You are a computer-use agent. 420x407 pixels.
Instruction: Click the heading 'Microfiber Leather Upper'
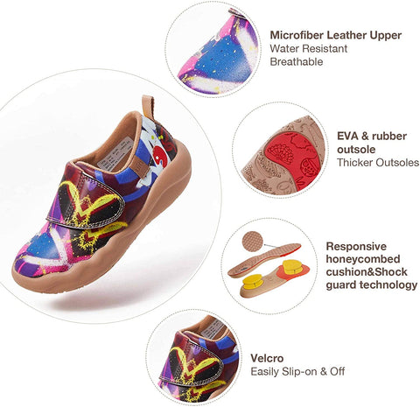click(x=336, y=35)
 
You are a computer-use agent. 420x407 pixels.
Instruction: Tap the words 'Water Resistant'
click(x=309, y=48)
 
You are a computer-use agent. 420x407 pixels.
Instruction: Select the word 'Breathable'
click(x=297, y=61)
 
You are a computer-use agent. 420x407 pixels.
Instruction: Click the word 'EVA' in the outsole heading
click(x=348, y=136)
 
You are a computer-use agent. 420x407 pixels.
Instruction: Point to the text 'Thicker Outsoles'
click(x=378, y=163)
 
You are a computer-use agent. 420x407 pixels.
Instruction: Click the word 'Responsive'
click(x=356, y=247)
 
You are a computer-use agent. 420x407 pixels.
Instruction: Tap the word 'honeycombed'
click(x=363, y=259)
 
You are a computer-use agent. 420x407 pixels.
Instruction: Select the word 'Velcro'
click(x=267, y=358)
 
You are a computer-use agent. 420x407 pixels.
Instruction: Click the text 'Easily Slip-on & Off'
click(x=297, y=372)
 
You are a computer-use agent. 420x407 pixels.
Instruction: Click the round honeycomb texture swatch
click(x=253, y=241)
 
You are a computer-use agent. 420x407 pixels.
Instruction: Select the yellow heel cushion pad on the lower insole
click(x=252, y=283)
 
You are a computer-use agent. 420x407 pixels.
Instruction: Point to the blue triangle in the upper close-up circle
click(x=220, y=60)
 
